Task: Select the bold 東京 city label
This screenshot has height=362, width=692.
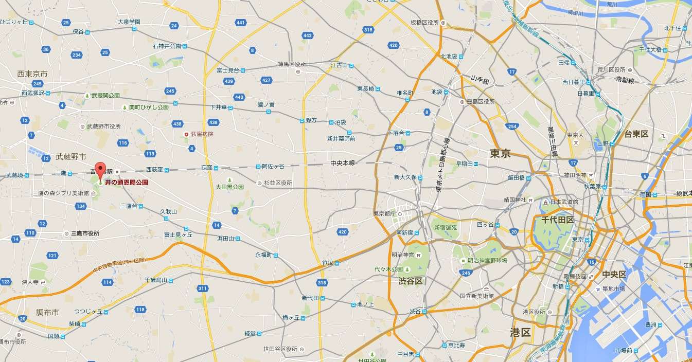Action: [x=500, y=153]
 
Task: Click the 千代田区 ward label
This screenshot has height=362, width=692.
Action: [x=557, y=220]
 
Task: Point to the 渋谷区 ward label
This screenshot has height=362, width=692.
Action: [x=411, y=281]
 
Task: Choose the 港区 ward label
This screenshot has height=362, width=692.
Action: [x=520, y=332]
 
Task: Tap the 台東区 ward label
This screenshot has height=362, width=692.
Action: [x=636, y=134]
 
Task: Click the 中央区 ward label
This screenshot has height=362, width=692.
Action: [x=614, y=274]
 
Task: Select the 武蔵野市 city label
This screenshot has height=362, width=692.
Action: [x=71, y=156]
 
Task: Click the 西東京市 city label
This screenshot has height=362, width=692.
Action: [x=32, y=74]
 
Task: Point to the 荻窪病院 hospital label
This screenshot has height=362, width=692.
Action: [x=202, y=134]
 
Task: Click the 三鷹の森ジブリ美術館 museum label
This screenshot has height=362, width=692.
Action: [x=61, y=193]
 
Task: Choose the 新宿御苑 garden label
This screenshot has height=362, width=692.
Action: [x=446, y=227]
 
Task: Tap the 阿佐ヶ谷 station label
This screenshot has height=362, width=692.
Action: [x=273, y=166]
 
